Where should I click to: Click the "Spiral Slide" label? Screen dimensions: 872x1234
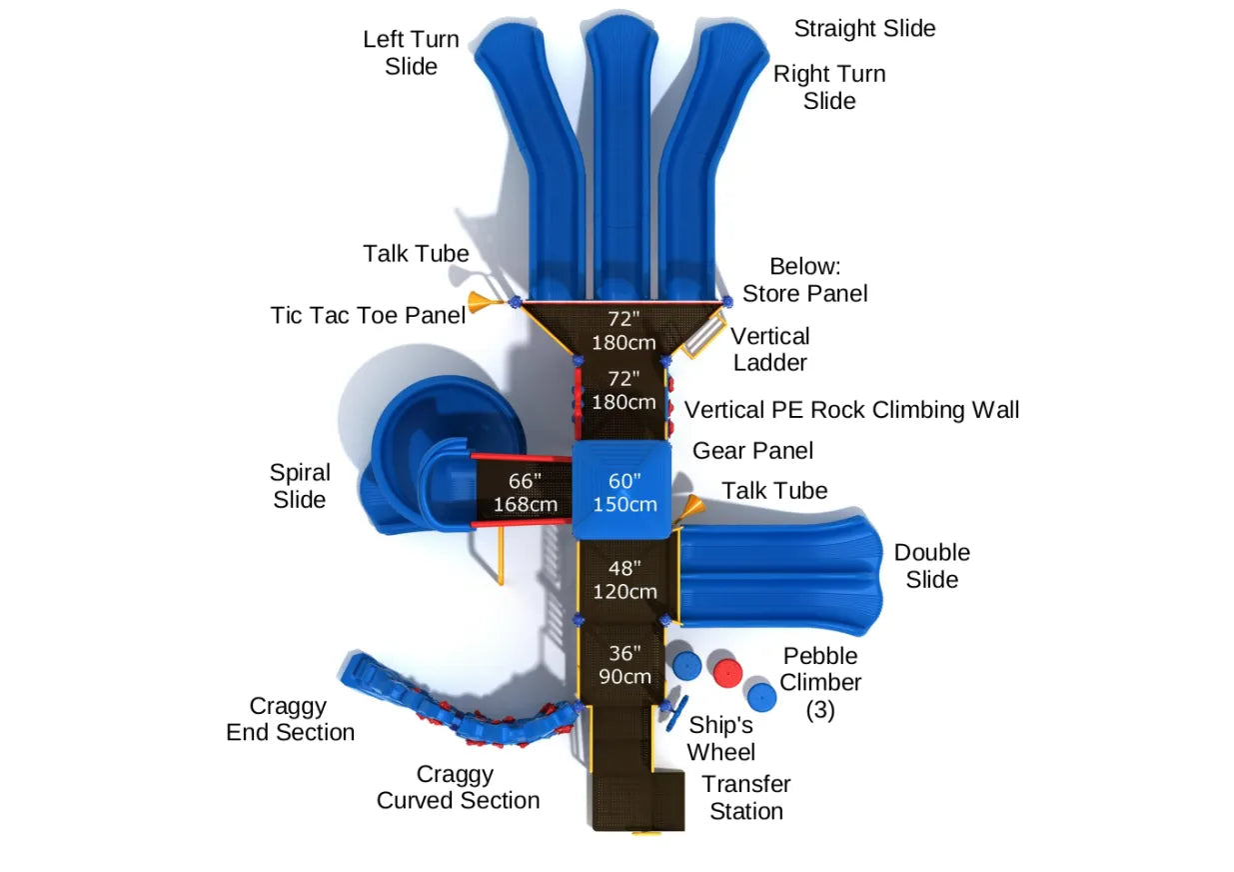(299, 486)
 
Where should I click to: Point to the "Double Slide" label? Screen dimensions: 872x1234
(931, 566)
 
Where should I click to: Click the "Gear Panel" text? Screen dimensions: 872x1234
(752, 451)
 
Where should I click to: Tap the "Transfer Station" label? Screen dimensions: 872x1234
(745, 798)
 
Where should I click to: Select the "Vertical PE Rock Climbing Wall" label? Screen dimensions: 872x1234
(851, 410)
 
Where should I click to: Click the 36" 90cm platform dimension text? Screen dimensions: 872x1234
(624, 665)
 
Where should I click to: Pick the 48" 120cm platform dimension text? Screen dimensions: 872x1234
(624, 580)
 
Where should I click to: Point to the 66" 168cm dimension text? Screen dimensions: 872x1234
(525, 492)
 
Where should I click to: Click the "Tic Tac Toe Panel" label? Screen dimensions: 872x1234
(368, 315)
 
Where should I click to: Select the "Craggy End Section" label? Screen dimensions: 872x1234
(290, 719)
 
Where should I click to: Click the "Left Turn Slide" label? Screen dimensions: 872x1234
(411, 53)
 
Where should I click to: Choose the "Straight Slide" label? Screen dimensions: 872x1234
(864, 29)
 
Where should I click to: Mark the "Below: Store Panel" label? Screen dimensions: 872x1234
(804, 280)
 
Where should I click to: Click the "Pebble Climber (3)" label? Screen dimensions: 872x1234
(820, 683)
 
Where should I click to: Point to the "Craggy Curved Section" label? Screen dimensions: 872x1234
(458, 788)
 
